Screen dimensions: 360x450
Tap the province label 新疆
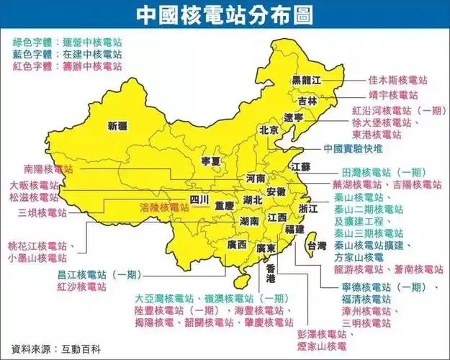(x=117, y=126)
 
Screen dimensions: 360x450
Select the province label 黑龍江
(x=305, y=78)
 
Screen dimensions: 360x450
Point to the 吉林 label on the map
(x=307, y=101)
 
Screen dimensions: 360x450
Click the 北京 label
(x=268, y=130)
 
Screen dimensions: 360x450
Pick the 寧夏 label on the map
(x=210, y=160)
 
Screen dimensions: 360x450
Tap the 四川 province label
(x=199, y=199)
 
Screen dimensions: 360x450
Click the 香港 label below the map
(x=271, y=274)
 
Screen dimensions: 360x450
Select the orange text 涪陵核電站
(x=165, y=207)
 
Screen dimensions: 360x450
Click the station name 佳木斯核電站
(x=397, y=79)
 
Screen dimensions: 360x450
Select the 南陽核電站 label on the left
(x=48, y=169)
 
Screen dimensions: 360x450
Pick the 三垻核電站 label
(x=43, y=213)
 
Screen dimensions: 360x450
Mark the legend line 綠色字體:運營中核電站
(x=69, y=42)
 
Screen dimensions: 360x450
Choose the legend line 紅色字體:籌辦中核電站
(x=69, y=66)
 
